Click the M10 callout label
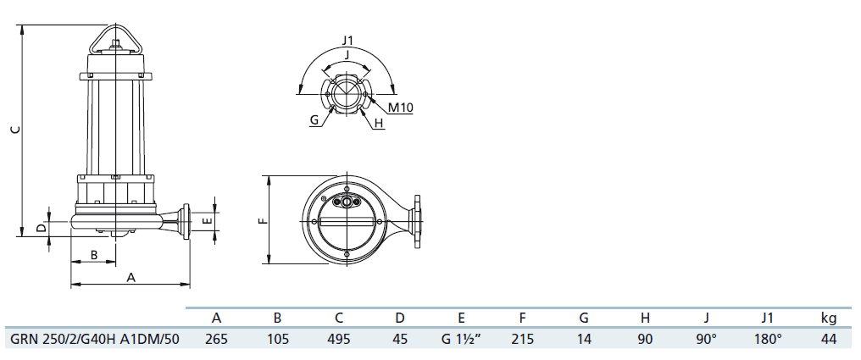coord(400,108)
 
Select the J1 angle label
coord(347,40)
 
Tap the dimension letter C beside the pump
coord(15,130)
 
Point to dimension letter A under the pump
coord(131,278)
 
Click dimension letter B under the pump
coord(94,255)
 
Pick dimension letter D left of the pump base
coord(42,226)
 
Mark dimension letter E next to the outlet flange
coord(207,221)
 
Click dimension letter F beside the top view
coord(263,220)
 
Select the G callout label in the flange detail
coord(314,119)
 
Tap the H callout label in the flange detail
coord(379,124)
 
